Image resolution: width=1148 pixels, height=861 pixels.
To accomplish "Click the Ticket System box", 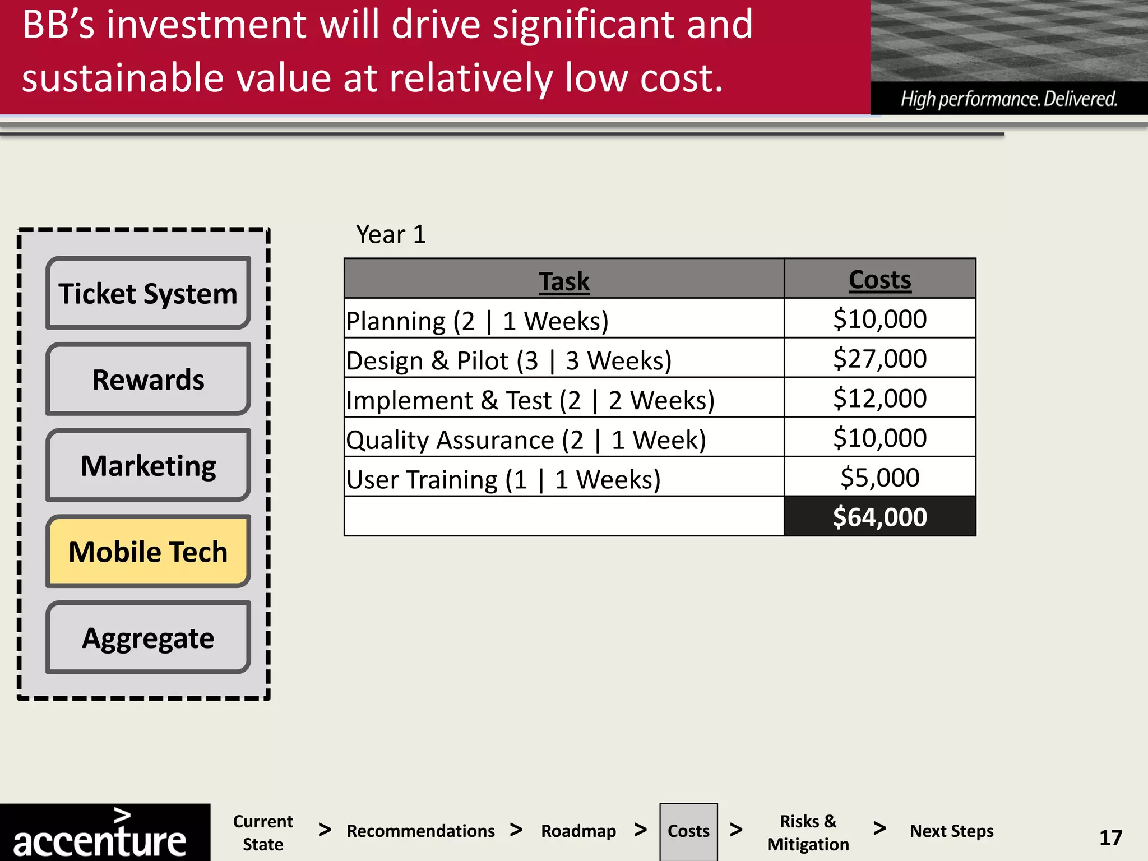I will pyautogui.click(x=148, y=293).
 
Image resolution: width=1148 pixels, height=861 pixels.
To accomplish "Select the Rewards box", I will pyautogui.click(x=148, y=379).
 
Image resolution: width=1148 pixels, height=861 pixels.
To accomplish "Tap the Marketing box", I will pyautogui.click(x=148, y=465).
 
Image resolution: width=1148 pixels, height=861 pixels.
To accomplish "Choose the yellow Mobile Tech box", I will pyautogui.click(x=148, y=552).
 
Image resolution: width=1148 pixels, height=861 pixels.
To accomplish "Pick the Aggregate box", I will pyautogui.click(x=148, y=637).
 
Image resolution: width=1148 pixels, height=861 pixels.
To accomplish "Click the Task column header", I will pyautogui.click(x=564, y=280).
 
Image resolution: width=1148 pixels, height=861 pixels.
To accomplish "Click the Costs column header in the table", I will pyautogui.click(x=879, y=279).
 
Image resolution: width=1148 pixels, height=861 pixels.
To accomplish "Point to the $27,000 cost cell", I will pyautogui.click(x=879, y=358).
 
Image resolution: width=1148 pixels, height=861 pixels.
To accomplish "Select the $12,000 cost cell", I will pyautogui.click(x=879, y=398).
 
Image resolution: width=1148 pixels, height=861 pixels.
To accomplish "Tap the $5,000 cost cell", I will pyautogui.click(x=879, y=478).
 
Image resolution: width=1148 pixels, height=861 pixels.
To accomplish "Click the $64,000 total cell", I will pyautogui.click(x=879, y=517).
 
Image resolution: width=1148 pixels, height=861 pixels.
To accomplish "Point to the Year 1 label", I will pyautogui.click(x=391, y=234).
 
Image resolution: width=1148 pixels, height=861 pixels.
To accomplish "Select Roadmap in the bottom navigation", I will pyautogui.click(x=578, y=831).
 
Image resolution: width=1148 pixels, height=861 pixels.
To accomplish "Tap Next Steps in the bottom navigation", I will pyautogui.click(x=951, y=831).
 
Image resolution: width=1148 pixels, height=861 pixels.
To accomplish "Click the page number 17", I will pyautogui.click(x=1110, y=837).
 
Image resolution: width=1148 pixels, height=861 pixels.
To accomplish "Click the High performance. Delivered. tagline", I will pyautogui.click(x=1008, y=99).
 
